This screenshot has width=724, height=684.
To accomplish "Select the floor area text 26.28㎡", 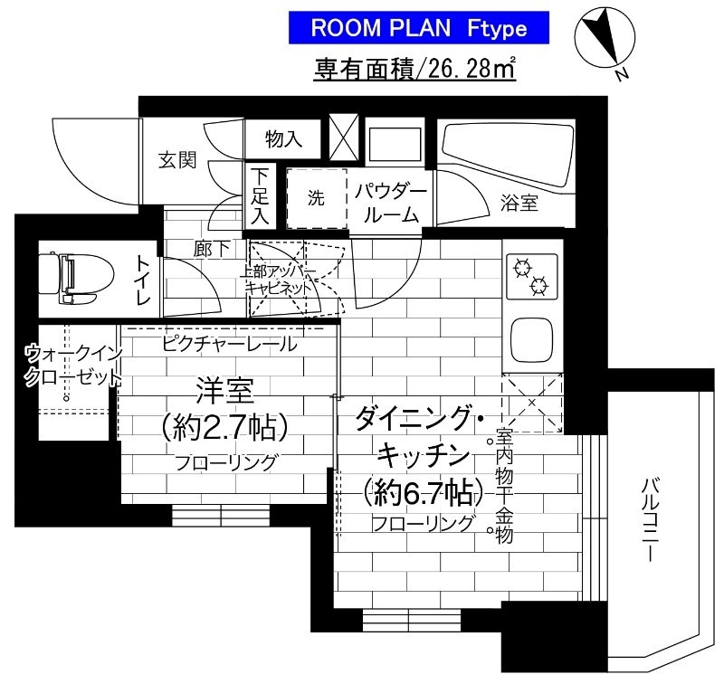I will [415, 70].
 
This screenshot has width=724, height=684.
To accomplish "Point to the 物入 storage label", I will [282, 138].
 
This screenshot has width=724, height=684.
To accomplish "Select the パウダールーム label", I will [389, 203].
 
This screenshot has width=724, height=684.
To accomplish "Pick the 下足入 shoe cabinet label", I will [261, 194].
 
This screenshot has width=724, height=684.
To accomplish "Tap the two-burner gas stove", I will [531, 275].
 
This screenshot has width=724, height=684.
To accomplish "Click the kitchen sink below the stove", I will [533, 339].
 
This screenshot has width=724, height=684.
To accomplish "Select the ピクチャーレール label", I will [228, 344].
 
